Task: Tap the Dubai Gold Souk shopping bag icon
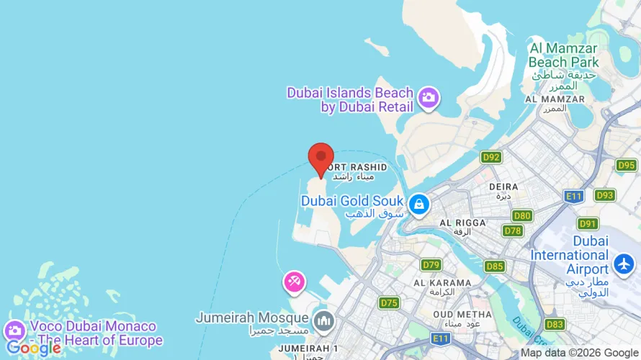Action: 418,205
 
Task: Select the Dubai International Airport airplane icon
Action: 622,259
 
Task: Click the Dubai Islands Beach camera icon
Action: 429,98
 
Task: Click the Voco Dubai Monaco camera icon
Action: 14,330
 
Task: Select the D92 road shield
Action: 492,157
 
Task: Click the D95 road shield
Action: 626,166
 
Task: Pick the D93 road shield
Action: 605,195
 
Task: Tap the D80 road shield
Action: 522,215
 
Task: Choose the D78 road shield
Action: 513,230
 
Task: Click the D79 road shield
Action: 431,265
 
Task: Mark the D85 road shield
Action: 494,266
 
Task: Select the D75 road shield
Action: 389,303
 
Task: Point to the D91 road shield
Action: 588,223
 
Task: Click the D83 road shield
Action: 555,324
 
